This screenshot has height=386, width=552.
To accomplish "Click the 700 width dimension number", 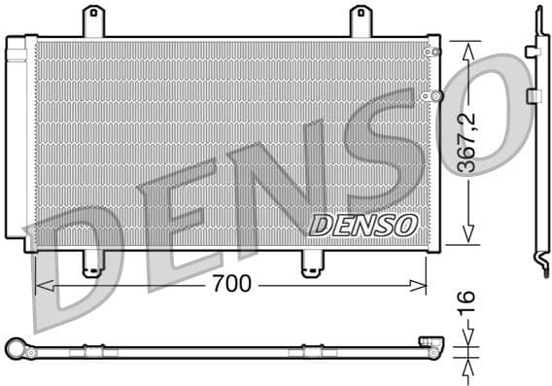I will pos(230,285).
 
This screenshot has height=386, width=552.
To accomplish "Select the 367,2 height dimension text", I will pos(468,140).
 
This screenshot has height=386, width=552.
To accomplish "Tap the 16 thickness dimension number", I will pos(468,299).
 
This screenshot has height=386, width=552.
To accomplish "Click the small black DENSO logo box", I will pos(363,225).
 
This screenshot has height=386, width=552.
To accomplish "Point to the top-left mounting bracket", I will pos(93,20).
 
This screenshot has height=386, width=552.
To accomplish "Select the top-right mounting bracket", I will pos(361,20).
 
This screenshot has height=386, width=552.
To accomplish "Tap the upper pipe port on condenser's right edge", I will pos(434,51).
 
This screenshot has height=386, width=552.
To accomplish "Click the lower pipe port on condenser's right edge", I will pos(435,95).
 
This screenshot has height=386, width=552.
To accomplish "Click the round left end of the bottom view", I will pos(14,348).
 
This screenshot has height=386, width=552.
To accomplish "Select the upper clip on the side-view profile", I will pos(533,51).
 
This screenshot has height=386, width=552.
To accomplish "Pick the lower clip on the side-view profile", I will pos(534,95).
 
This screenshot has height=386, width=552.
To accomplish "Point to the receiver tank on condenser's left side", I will pos(17,141).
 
